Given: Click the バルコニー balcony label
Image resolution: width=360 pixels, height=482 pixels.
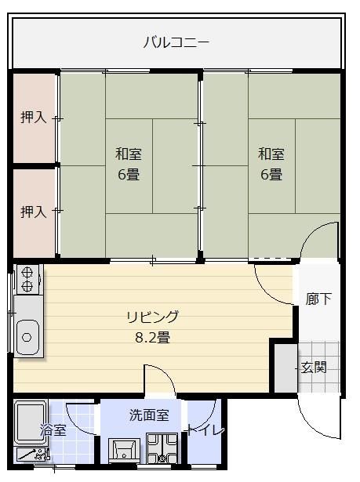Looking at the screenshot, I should [x=176, y=42].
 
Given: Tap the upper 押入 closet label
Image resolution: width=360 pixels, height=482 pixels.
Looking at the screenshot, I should [x=33, y=118].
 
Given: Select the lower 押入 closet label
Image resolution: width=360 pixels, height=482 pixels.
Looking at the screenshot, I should [x=33, y=212].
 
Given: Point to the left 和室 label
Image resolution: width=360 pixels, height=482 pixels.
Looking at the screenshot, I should [x=129, y=154].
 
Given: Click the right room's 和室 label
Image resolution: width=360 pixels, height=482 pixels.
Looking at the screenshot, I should [x=271, y=154].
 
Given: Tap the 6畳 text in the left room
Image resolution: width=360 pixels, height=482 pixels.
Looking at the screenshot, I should [x=129, y=174].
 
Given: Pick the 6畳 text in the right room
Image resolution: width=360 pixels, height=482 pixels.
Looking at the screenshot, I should [x=271, y=174].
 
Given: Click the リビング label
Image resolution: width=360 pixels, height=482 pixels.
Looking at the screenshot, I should [x=153, y=317].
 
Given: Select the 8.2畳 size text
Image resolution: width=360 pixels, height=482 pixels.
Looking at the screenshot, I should [x=153, y=338].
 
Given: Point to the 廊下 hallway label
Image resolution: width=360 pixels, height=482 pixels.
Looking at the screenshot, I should [x=318, y=299].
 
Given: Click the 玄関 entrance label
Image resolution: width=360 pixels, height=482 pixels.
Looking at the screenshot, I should [x=314, y=367].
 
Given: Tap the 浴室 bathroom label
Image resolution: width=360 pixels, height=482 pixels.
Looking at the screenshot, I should [x=53, y=430].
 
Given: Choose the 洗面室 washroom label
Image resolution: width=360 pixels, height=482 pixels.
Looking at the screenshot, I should [x=149, y=415].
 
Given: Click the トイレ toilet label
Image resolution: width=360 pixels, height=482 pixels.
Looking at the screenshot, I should [x=205, y=430].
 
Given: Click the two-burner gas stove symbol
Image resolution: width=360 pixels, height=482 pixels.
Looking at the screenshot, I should [x=27, y=280].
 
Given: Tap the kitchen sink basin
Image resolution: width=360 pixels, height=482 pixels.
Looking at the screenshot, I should [x=28, y=337].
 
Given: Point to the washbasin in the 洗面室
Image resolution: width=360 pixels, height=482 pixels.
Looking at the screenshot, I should [x=125, y=451].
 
